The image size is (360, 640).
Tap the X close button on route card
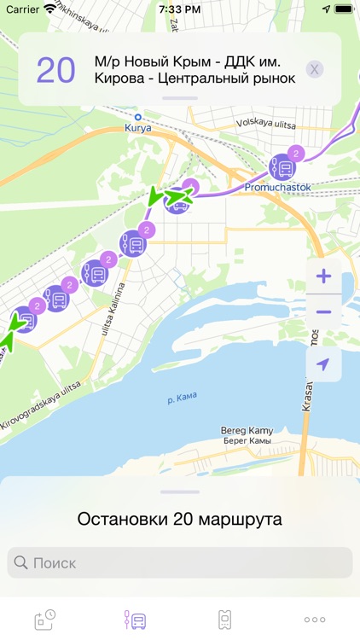[315, 69]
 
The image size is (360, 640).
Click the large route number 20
[55, 71]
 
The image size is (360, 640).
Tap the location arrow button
[323, 364]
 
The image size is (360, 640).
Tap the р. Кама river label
[182, 396]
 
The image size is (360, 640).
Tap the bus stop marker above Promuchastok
[282, 166]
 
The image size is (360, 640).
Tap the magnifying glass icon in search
[20, 563]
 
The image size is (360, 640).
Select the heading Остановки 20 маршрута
[180, 519]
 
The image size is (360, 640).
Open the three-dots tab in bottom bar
[315, 620]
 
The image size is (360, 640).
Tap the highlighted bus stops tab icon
[135, 620]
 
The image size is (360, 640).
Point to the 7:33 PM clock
[180, 9]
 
